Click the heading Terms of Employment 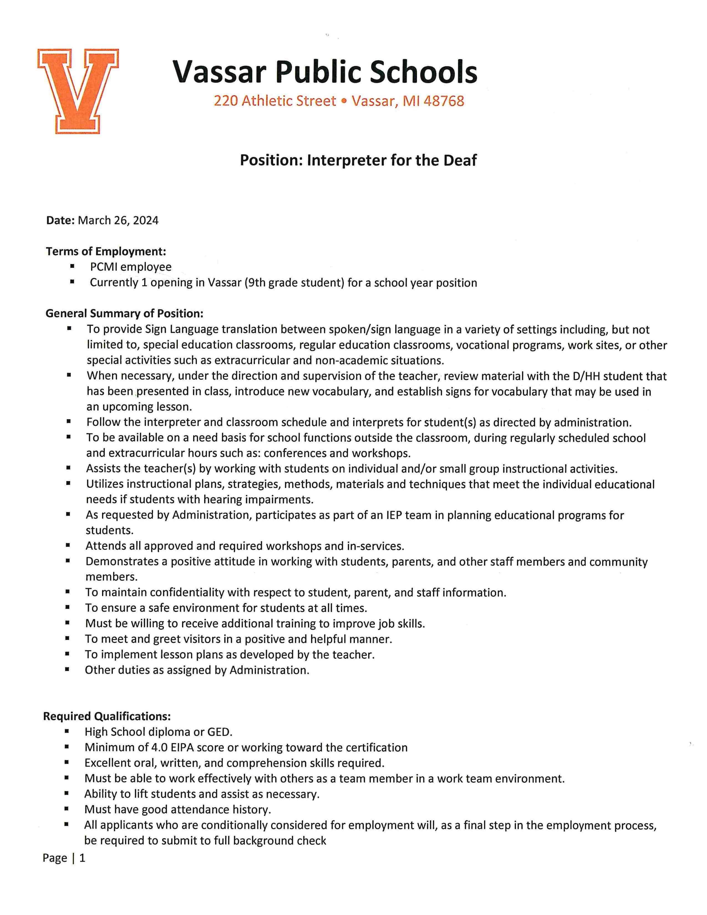pyautogui.click(x=106, y=251)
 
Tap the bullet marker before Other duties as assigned pyautogui.click(x=67, y=670)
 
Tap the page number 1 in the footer pyautogui.click(x=83, y=858)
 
